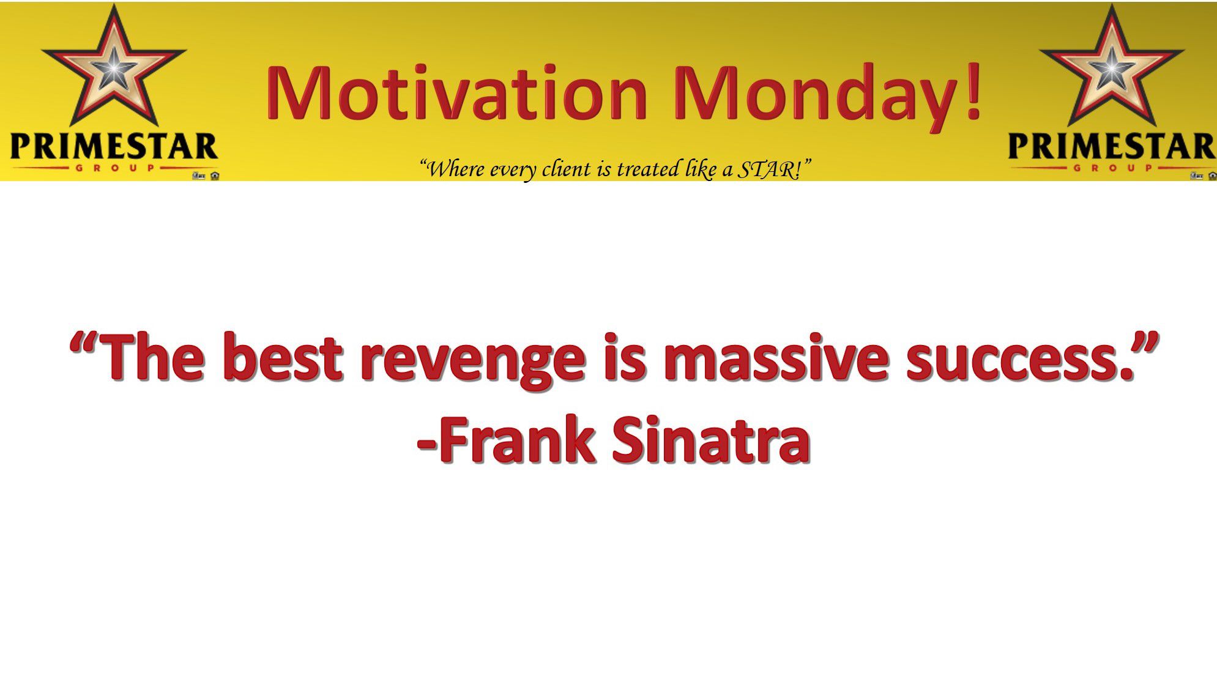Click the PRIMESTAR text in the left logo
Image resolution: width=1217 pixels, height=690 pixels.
pyautogui.click(x=114, y=147)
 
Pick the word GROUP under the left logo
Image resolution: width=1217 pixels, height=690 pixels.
pyautogui.click(x=114, y=168)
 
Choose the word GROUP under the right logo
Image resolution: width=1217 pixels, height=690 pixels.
pyautogui.click(x=1112, y=168)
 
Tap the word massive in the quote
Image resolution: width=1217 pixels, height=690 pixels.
pyautogui.click(x=775, y=357)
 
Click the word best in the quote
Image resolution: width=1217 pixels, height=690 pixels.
pyautogui.click(x=282, y=357)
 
